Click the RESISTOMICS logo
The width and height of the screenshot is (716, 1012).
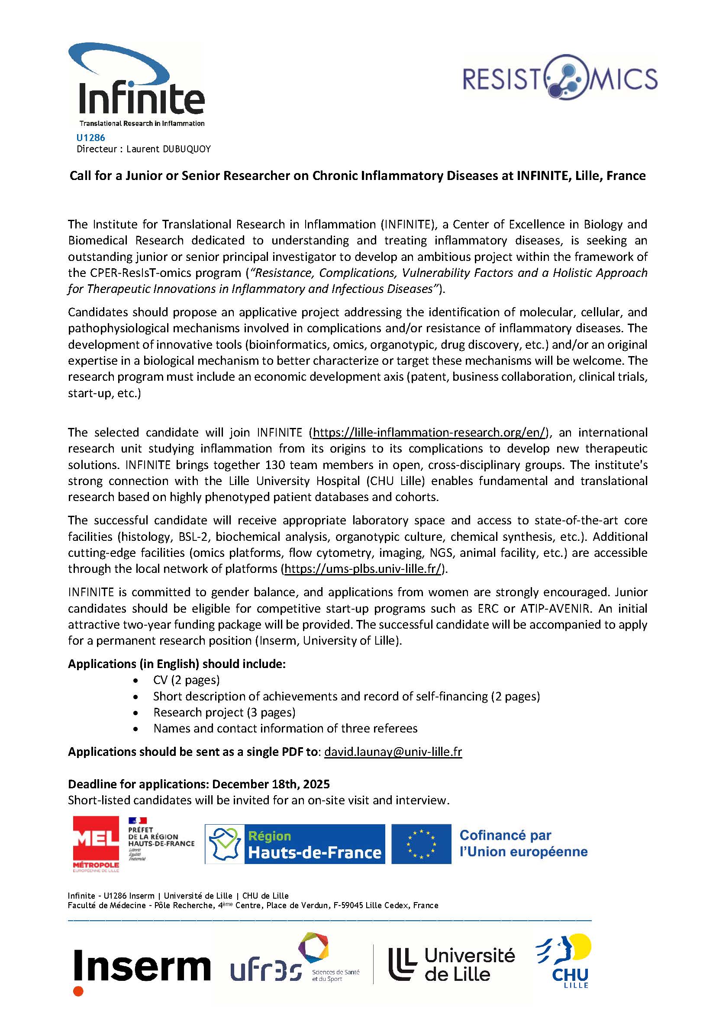point(560,78)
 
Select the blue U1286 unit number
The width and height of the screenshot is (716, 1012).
point(91,138)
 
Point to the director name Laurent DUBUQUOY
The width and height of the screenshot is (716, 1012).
point(168,149)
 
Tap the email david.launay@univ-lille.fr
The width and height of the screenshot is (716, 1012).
point(393,752)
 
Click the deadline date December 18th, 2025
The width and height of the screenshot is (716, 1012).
point(271,784)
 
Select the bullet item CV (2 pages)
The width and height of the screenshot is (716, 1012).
point(186,680)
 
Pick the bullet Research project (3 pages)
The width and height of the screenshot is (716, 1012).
point(224,712)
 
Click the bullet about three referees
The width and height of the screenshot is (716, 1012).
point(285,728)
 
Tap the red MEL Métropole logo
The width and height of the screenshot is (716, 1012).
point(96,844)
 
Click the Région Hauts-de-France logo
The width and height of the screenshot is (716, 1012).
point(294,844)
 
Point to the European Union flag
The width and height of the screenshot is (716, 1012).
point(421,844)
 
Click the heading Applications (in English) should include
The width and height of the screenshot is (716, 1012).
point(177,664)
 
